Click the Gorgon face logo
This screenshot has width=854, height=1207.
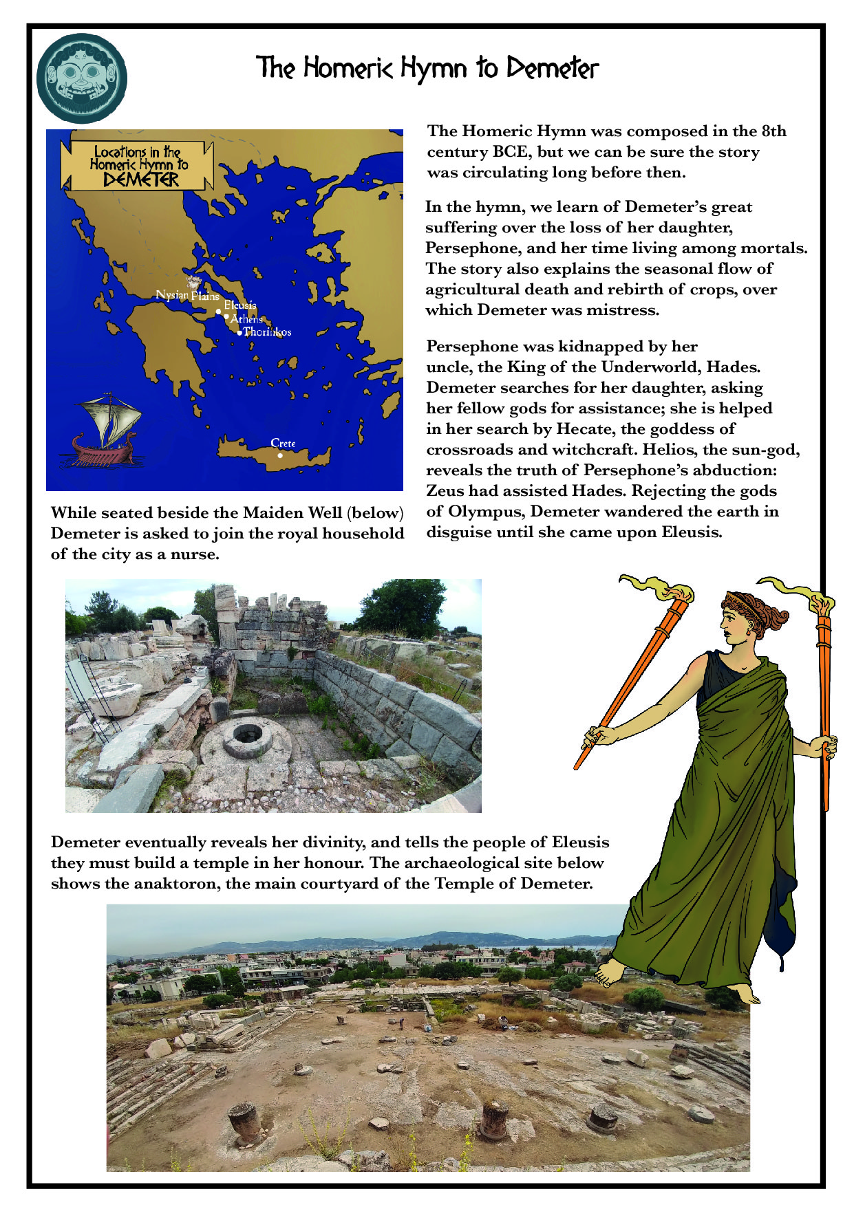pyautogui.click(x=81, y=78)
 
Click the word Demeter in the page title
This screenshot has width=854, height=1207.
pyautogui.click(x=553, y=68)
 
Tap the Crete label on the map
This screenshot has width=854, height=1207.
pyautogui.click(x=283, y=443)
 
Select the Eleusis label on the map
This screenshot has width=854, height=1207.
pyautogui.click(x=239, y=305)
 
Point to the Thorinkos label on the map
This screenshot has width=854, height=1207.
pyautogui.click(x=267, y=331)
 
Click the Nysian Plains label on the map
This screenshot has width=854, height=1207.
pyautogui.click(x=186, y=296)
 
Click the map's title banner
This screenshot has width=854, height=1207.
pyautogui.click(x=136, y=165)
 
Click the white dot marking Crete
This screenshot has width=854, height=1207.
pyautogui.click(x=280, y=455)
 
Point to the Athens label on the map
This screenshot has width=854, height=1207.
pyautogui.click(x=246, y=319)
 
